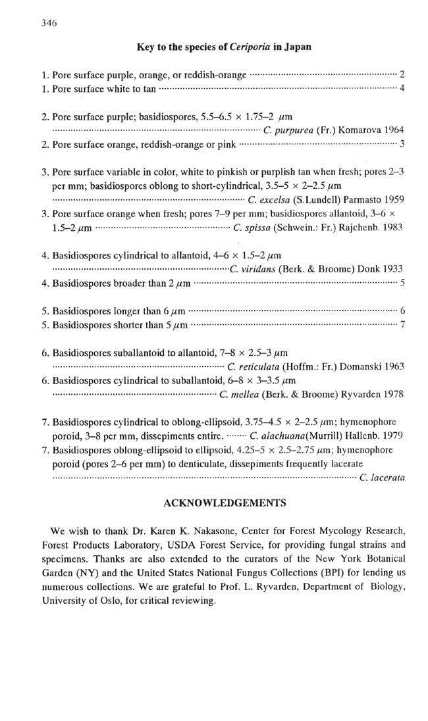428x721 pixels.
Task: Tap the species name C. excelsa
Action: tap(271, 199)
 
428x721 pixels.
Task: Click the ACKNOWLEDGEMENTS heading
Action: tap(224, 503)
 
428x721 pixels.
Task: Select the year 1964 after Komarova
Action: tap(388, 130)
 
